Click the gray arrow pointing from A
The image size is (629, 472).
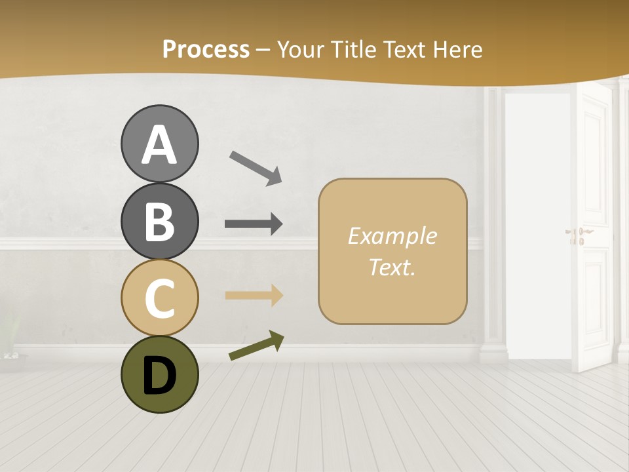point(256,168)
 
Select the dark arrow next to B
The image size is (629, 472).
point(254,224)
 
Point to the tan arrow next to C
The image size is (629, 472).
point(254,296)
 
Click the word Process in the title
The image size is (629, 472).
point(206,49)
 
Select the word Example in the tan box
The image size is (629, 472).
point(392,236)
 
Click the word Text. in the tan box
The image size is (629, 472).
point(392,267)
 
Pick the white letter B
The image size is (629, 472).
point(160,222)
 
